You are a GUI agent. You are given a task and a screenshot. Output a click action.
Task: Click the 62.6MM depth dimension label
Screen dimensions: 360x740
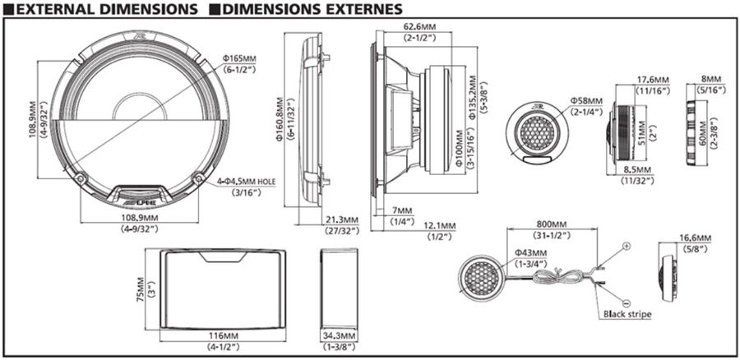click(x=419, y=26)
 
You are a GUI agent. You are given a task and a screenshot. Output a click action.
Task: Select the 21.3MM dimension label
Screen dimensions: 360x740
click(x=340, y=220)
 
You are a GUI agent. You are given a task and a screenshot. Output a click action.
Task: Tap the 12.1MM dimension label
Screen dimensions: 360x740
click(x=439, y=225)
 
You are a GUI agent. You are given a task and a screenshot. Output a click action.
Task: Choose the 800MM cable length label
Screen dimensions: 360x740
click(x=551, y=224)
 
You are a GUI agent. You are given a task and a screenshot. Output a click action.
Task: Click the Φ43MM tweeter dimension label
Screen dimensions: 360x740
click(x=531, y=252)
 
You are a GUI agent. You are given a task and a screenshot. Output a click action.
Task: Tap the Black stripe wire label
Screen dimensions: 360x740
click(x=627, y=313)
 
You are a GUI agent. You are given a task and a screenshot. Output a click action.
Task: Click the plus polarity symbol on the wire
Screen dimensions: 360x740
click(x=626, y=246)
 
